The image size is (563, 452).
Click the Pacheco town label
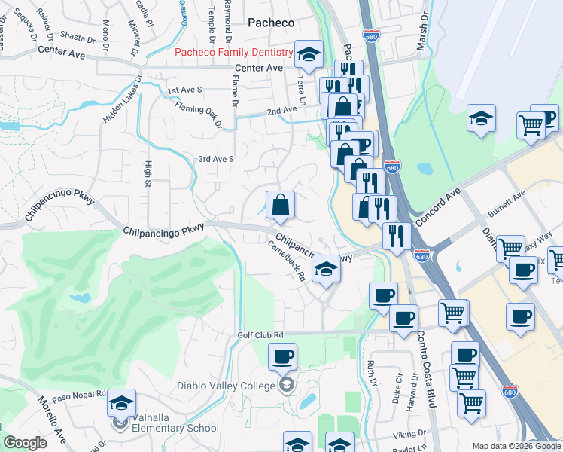[x=271, y=23]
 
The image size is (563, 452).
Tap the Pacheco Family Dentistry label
[x=233, y=53]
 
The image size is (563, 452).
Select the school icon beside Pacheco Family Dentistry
[x=307, y=54]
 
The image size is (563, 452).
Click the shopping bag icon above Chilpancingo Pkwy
[x=280, y=205]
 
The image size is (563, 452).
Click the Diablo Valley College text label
[x=226, y=386]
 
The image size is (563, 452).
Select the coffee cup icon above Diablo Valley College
[x=282, y=356]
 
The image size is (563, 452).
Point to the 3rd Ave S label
[x=216, y=159]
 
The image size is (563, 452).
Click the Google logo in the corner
[x=24, y=443]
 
